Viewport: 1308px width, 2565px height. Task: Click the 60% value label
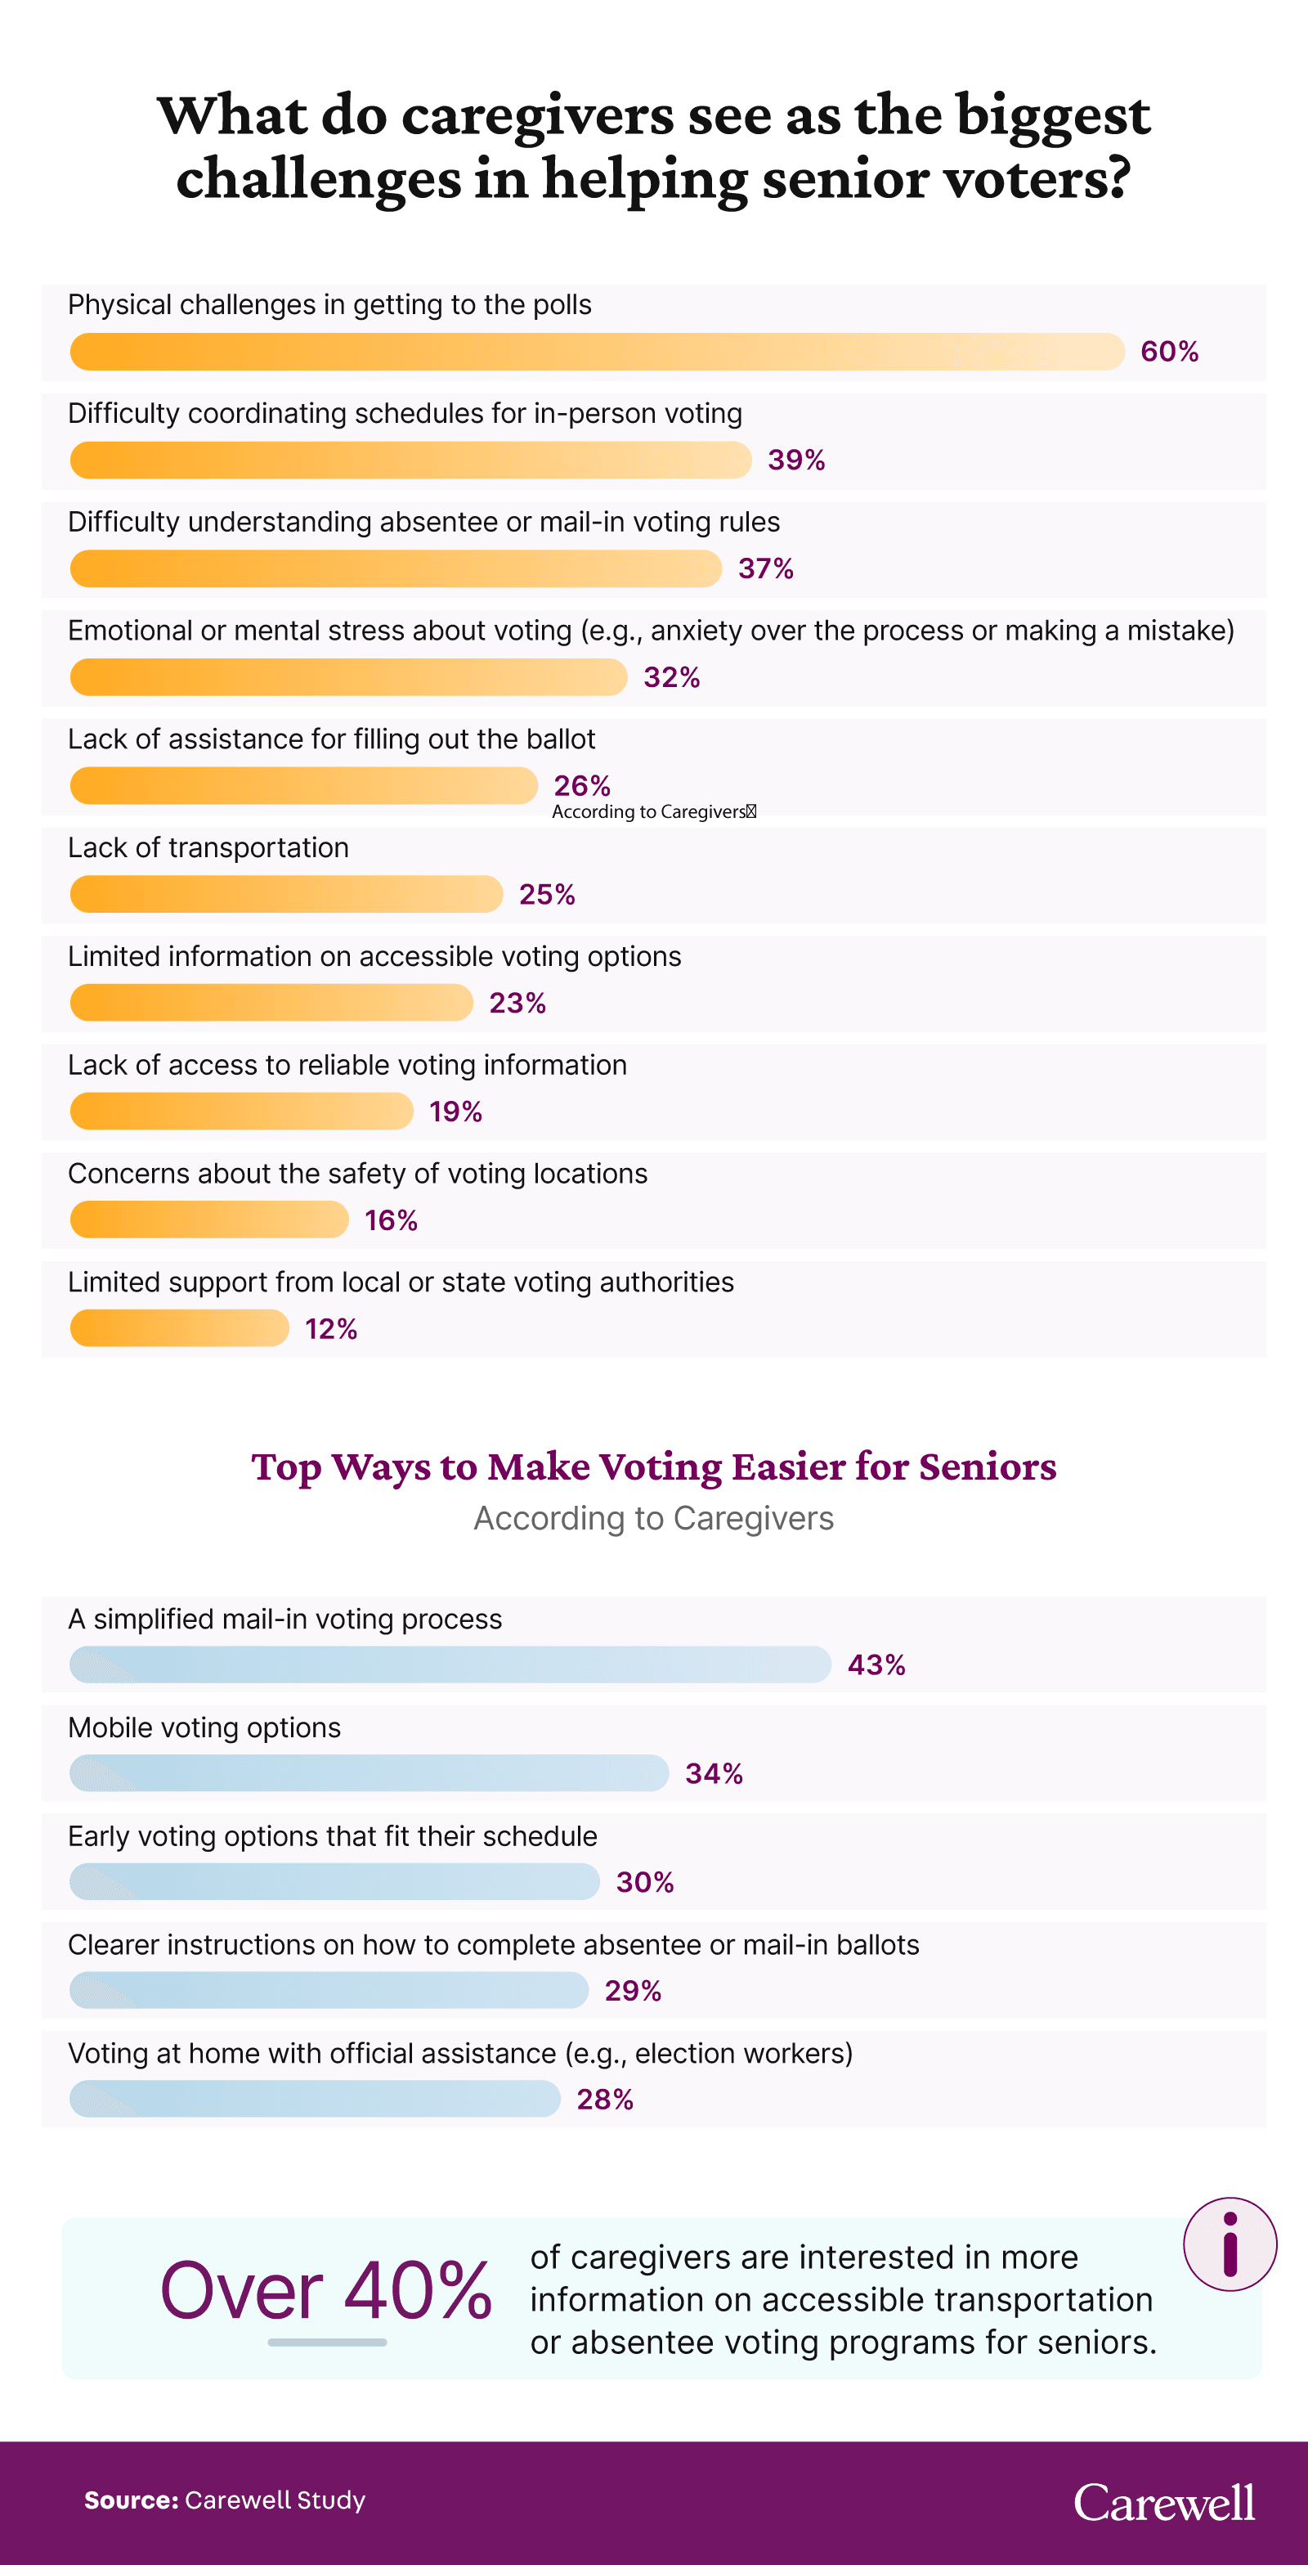pos(1169,352)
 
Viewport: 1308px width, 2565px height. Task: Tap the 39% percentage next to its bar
pos(795,460)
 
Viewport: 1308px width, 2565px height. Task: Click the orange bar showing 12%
pos(179,1328)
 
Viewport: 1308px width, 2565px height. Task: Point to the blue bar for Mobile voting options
pos(369,1773)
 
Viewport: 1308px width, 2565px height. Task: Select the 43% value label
pos(876,1664)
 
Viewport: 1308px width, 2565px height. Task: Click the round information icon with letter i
pos(1230,2244)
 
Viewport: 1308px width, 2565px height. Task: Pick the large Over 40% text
pos(326,2290)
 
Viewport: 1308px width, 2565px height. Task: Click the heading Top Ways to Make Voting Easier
pos(653,1467)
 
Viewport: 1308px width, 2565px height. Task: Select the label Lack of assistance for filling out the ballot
pos(331,739)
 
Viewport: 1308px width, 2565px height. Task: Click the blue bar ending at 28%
pos(315,2099)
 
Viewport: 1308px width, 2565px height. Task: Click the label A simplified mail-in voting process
pos(284,1619)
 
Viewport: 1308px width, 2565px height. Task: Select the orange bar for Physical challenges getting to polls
pos(598,352)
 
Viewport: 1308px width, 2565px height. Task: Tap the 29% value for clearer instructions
pos(632,1991)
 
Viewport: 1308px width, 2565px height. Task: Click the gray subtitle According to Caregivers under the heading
pos(653,1519)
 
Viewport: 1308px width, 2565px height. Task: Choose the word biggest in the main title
pos(1052,115)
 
